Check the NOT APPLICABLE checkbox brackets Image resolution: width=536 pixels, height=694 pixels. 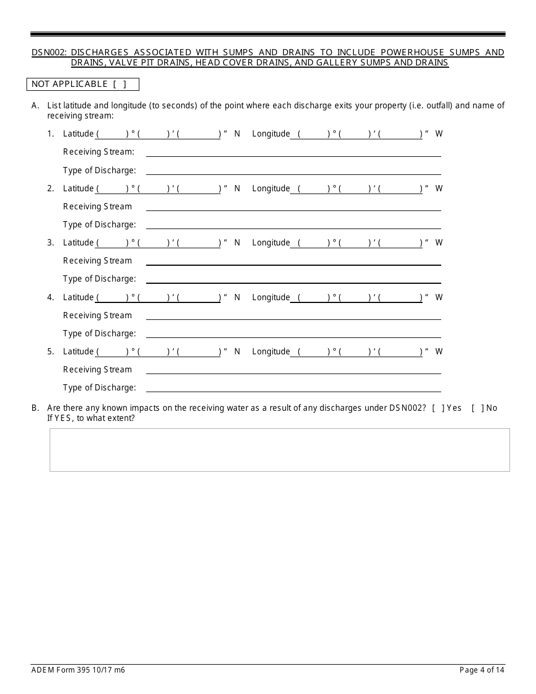pos(120,84)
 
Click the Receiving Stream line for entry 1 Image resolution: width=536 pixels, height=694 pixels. pos(293,152)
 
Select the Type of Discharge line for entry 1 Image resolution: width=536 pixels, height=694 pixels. pos(293,170)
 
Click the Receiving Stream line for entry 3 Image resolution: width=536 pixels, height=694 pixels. pos(293,261)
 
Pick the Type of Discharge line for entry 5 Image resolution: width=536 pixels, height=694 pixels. pos(293,388)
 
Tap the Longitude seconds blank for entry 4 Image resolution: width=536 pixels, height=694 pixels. pos(401,297)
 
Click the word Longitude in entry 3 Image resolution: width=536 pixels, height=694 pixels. pos(271,243)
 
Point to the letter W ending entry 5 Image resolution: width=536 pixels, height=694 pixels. pos(439,352)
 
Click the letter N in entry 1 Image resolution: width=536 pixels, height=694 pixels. pos(237,134)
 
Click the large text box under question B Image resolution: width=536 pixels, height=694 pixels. pos(279,450)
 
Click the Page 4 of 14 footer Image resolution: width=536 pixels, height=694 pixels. pos(482,670)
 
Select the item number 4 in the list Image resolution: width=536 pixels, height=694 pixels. pos(50,297)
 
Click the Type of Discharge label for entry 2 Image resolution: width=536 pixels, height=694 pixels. pos(99,225)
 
